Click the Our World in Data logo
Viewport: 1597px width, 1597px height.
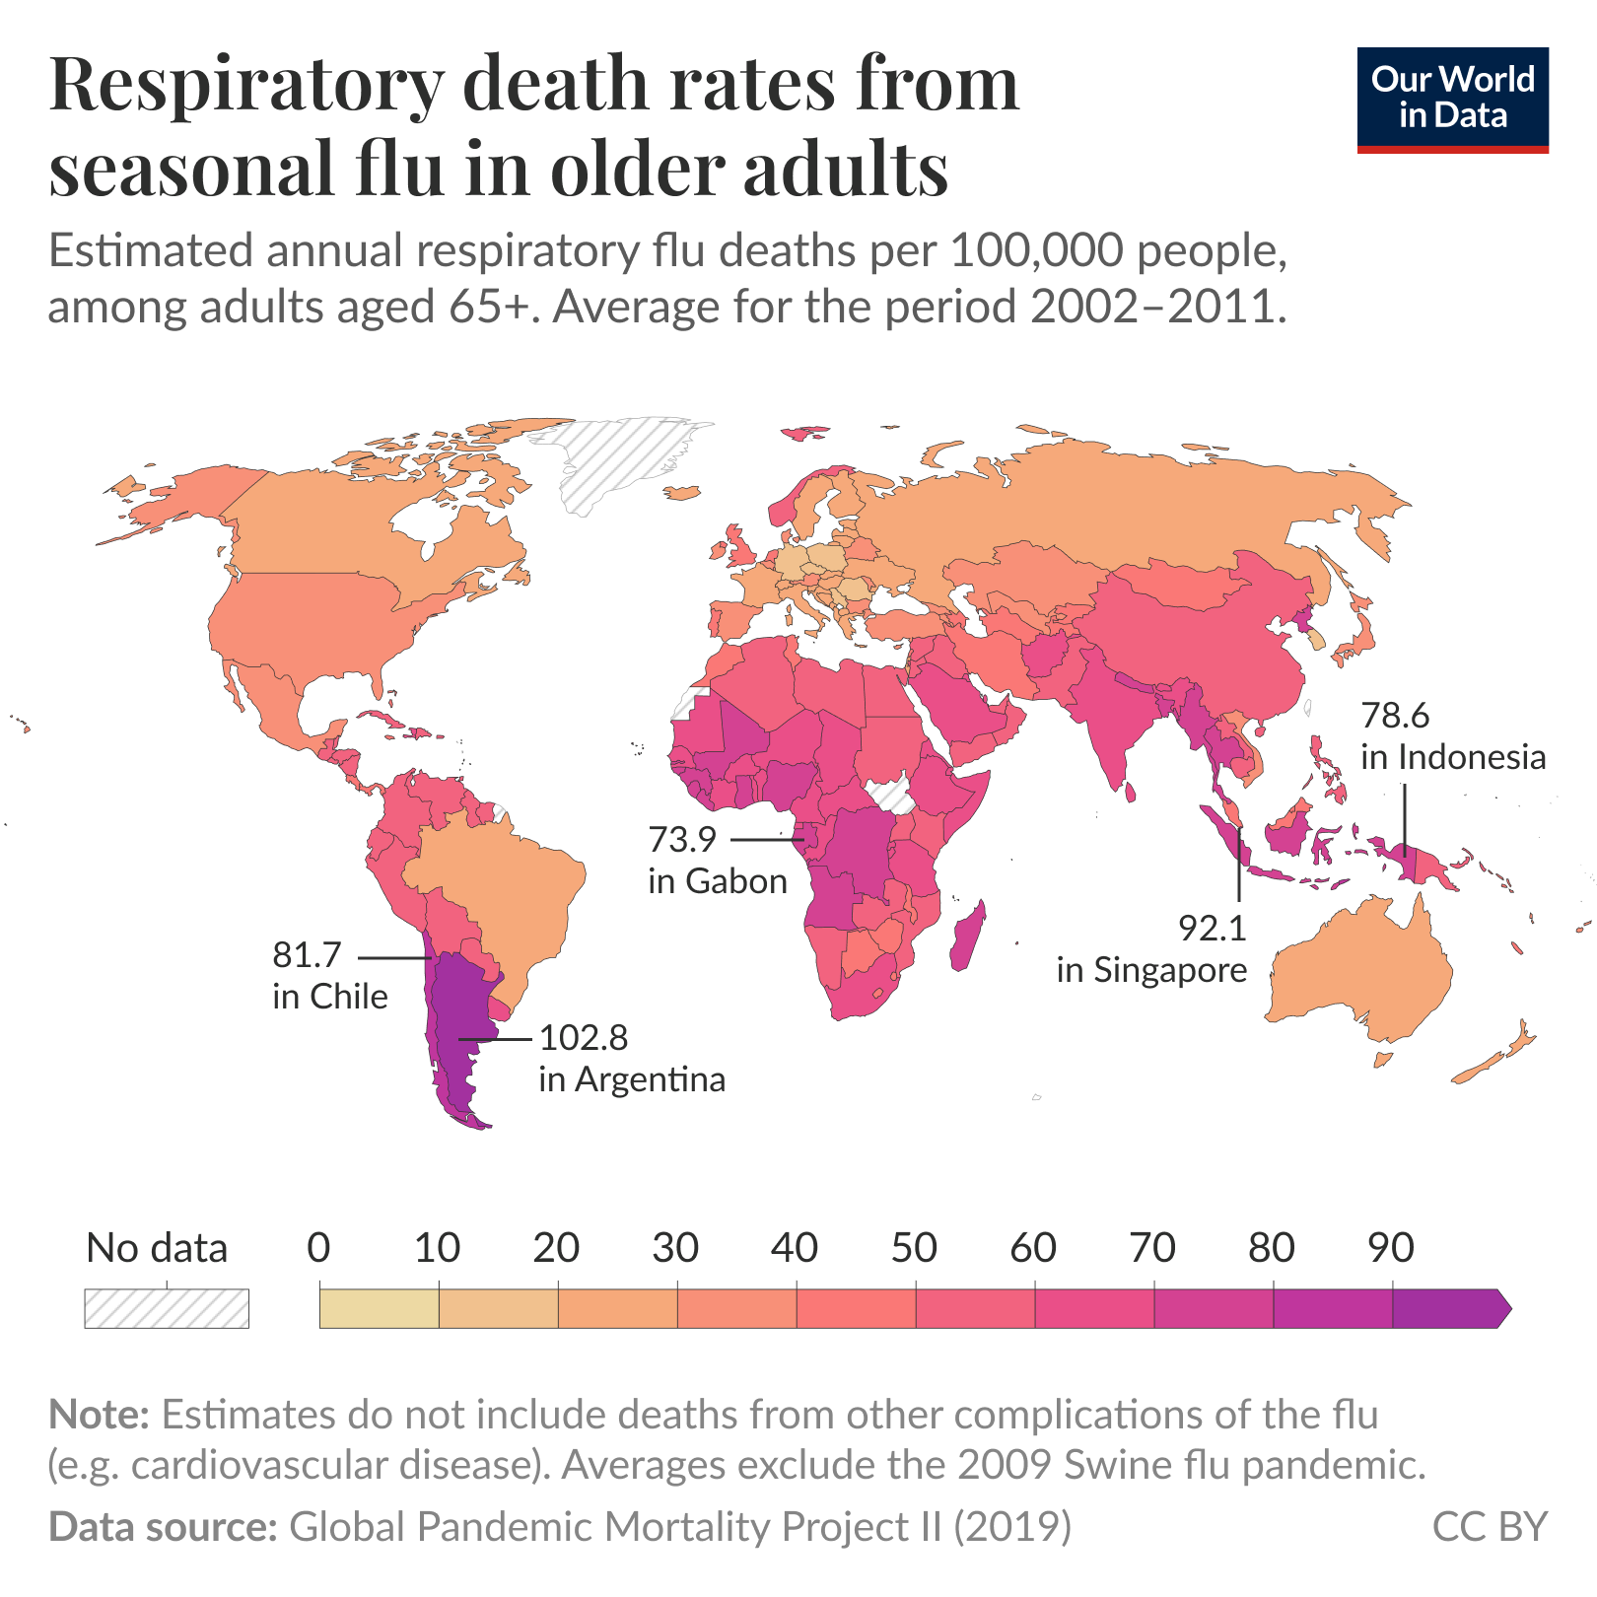[x=1451, y=100]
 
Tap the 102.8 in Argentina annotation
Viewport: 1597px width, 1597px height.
[x=631, y=1058]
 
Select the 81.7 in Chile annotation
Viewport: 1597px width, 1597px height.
[x=329, y=976]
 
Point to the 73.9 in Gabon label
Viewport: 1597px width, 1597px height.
[x=717, y=860]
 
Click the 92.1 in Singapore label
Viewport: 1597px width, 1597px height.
[x=1151, y=948]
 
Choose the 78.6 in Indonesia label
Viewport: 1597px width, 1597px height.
[x=1452, y=735]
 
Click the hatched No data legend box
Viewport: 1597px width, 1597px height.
[x=167, y=1308]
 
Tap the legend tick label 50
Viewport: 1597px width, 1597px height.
[x=914, y=1248]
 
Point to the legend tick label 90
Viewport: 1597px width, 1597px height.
[x=1391, y=1248]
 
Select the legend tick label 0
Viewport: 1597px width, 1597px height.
[x=318, y=1248]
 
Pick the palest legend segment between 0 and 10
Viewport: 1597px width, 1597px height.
[x=379, y=1308]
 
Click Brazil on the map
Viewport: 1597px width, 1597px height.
[x=503, y=887]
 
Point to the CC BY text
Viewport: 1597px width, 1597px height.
[x=1489, y=1526]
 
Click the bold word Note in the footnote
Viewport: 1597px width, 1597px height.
[x=99, y=1415]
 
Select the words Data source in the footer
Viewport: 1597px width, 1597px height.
[x=163, y=1526]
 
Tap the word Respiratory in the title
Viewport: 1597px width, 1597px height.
[x=246, y=87]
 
